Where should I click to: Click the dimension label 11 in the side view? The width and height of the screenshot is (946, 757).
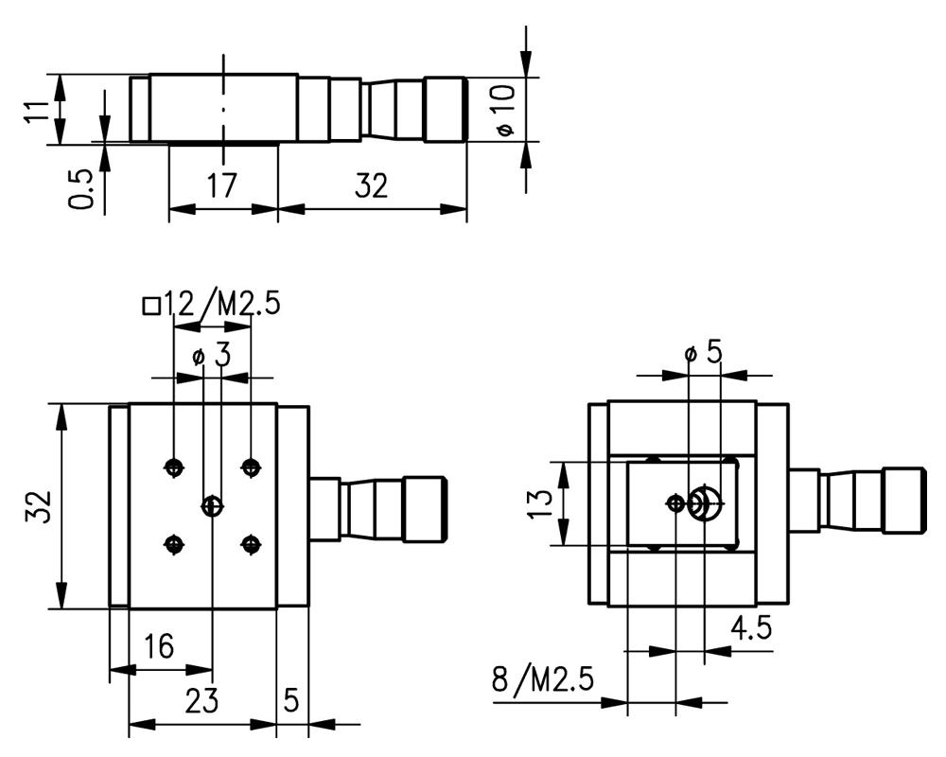pyautogui.click(x=34, y=110)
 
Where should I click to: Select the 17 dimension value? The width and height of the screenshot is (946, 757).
pyautogui.click(x=222, y=185)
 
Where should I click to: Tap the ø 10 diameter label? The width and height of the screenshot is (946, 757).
pyautogui.click(x=504, y=109)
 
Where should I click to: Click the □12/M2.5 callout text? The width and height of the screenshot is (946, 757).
pyautogui.click(x=210, y=305)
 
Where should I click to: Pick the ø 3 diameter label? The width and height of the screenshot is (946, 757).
pyautogui.click(x=210, y=357)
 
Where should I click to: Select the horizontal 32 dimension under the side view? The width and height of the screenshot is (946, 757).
pyautogui.click(x=371, y=185)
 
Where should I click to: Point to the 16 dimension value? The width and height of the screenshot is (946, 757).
pyautogui.click(x=159, y=646)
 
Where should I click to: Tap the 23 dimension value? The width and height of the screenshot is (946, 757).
pyautogui.click(x=201, y=701)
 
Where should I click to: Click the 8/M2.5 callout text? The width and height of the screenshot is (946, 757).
pyautogui.click(x=543, y=679)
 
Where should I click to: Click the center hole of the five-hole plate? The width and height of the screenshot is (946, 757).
pyautogui.click(x=212, y=506)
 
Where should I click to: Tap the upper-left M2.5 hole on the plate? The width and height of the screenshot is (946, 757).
pyautogui.click(x=173, y=466)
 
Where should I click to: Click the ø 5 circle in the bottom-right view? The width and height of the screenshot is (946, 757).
pyautogui.click(x=704, y=502)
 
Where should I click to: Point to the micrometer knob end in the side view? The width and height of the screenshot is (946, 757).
pyautogui.click(x=446, y=110)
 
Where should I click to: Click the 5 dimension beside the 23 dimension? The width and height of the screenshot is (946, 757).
pyautogui.click(x=291, y=701)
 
